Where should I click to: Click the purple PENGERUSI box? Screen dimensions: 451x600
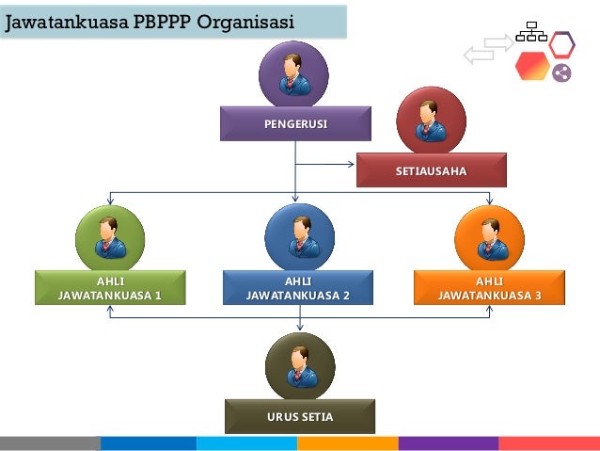coord(295,123)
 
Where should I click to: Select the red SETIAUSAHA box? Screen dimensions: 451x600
coord(431,170)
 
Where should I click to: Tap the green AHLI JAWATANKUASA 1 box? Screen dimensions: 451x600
coord(110,287)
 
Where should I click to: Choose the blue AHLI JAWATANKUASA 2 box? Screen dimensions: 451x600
coord(297,287)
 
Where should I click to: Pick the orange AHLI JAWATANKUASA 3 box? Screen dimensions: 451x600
coord(489,287)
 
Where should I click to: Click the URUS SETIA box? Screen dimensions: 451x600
coord(299,415)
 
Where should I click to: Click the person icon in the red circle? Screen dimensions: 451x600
coord(431,121)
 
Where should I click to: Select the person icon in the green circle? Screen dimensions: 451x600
coord(110,237)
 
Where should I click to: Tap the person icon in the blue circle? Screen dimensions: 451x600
coord(300,237)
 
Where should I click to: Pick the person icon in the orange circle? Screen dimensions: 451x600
coord(489,237)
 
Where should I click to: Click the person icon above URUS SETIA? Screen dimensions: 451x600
coord(299,365)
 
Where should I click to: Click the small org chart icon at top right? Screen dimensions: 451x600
coord(530,32)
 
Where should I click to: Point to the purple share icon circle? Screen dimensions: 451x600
coord(561,72)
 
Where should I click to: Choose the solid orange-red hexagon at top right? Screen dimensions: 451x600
coord(531,66)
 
